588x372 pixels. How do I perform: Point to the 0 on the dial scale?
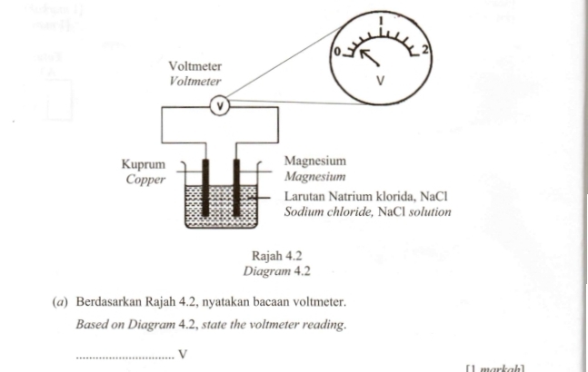tap(337, 52)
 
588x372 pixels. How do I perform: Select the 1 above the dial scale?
tap(382, 20)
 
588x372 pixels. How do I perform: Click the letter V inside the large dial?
tap(381, 82)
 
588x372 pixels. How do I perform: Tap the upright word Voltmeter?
tap(195, 67)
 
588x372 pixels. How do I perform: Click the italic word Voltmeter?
tap(195, 81)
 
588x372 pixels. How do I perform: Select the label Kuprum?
tap(143, 165)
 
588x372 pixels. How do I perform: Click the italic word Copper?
tap(145, 180)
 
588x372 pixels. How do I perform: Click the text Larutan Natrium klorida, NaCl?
tap(366, 196)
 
